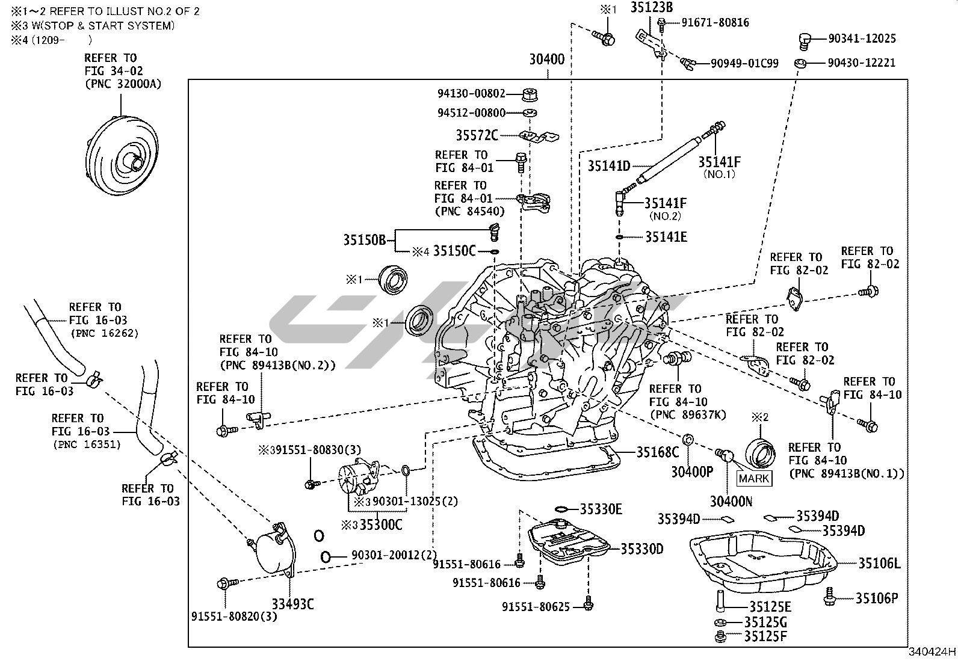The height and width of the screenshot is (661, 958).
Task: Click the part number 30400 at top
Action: (546, 60)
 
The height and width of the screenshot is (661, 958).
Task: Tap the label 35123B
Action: (651, 8)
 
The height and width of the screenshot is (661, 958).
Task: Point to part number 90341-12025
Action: (862, 38)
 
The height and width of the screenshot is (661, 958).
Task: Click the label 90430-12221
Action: (861, 63)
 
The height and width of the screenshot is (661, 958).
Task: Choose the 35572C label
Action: (477, 135)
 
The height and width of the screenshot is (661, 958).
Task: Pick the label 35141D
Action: (608, 166)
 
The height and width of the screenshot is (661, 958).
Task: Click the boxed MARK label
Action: (754, 478)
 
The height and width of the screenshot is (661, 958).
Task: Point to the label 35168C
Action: (658, 452)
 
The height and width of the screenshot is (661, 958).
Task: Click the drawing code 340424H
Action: (932, 651)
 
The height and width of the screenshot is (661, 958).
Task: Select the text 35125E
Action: (770, 607)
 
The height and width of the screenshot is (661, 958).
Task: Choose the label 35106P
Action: (877, 598)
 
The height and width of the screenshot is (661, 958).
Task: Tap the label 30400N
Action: (731, 501)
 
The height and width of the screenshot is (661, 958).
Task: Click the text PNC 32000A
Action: (123, 84)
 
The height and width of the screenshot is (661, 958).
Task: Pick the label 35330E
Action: (601, 509)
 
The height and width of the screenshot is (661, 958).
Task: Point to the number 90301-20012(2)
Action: (394, 555)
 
